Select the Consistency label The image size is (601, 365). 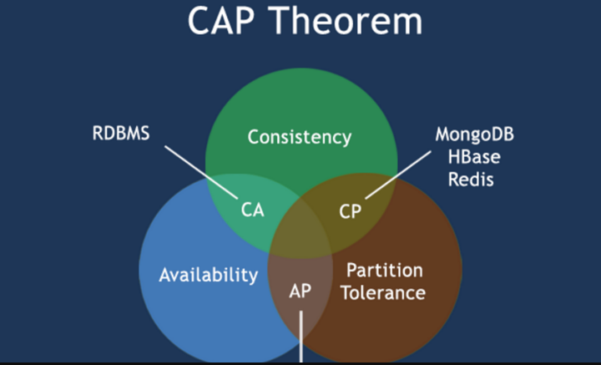300,137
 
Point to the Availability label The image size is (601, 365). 209,274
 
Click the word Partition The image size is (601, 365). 385,271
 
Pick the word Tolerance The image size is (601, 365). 385,292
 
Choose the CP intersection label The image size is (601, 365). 351,210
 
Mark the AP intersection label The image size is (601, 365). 300,292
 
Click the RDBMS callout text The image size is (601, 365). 121,134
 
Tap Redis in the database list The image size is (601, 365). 470,180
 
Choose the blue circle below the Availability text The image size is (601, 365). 209,322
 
